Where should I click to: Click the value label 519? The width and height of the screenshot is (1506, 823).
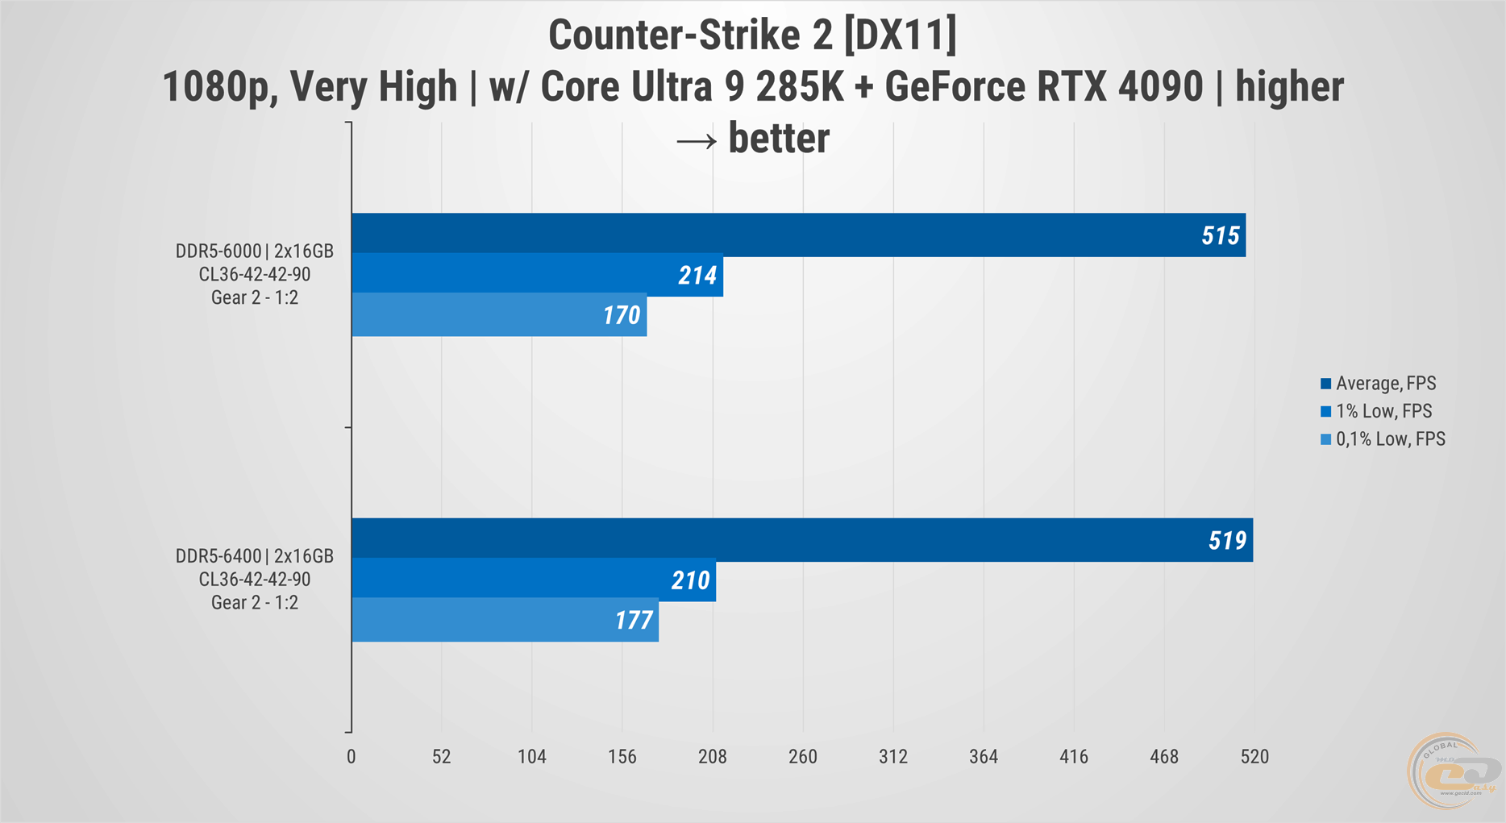(1227, 540)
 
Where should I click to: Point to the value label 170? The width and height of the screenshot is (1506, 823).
(622, 315)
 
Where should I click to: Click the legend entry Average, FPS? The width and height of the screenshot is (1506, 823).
(1385, 384)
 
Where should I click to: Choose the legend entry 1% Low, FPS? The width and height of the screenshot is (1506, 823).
(1383, 411)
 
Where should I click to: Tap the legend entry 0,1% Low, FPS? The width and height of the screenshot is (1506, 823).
(1390, 439)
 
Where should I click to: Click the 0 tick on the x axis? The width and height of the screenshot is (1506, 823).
(352, 757)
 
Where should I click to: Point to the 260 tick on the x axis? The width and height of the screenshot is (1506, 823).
(803, 757)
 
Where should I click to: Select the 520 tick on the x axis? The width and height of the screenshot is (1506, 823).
(1254, 757)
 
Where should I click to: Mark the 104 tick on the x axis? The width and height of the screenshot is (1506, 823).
(532, 757)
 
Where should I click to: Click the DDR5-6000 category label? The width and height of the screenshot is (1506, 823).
(255, 274)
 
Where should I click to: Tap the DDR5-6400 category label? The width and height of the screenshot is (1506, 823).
(255, 579)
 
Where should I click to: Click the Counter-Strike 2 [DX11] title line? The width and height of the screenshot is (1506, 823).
(752, 35)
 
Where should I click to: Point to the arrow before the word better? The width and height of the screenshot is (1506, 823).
(697, 141)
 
